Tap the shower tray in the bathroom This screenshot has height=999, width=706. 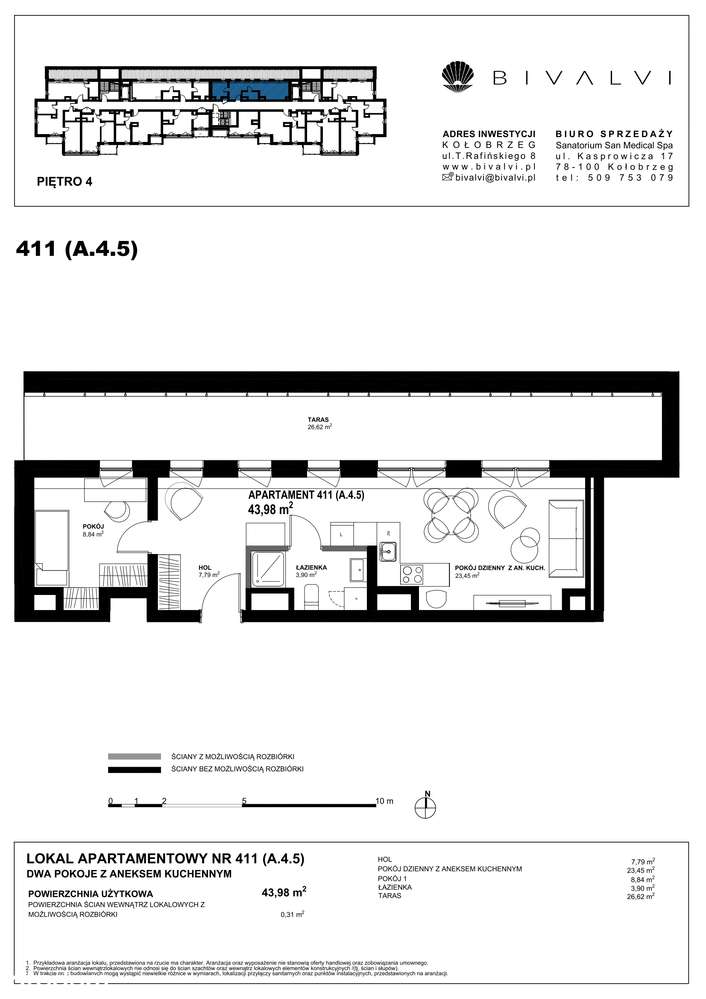[267, 568]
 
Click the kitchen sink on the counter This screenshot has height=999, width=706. [388, 550]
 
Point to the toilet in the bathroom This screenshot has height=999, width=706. [310, 598]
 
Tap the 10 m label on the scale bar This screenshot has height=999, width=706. [384, 802]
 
